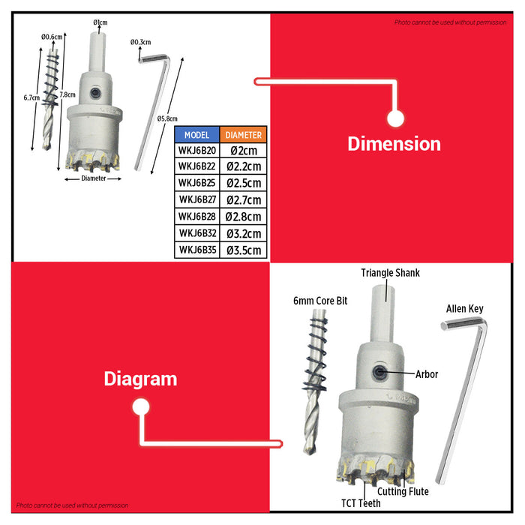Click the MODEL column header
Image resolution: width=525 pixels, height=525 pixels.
coord(196,135)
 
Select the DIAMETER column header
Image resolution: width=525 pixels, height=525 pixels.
coord(244,135)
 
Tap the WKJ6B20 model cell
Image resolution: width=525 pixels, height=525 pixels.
coord(196,151)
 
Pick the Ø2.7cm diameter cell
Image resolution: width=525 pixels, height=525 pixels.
coord(244,200)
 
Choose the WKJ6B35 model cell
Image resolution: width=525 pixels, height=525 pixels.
coord(196,250)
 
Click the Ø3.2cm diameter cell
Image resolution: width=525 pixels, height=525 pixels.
coord(244,233)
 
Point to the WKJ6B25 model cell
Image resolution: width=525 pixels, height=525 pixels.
coord(196,183)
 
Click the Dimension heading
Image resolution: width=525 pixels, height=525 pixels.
coord(394,144)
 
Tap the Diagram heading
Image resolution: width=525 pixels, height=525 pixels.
coord(140,379)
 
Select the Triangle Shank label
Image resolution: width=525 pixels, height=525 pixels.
coord(390,273)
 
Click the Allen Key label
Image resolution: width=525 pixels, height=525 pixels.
coord(465,309)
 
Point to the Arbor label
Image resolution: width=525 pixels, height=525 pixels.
coord(427,374)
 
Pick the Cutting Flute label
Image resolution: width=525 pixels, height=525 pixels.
coord(403,491)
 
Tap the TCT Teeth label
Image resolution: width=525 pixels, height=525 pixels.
coord(361,503)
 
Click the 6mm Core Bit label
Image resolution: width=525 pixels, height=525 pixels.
coord(320,301)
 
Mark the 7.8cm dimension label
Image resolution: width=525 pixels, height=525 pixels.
coord(67,94)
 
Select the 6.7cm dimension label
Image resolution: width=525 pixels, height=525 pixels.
coord(31,97)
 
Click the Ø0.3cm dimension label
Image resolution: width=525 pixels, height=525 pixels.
coord(141,42)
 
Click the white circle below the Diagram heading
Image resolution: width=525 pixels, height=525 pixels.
coord(141,406)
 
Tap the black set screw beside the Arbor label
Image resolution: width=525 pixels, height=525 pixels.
coord(379,372)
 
